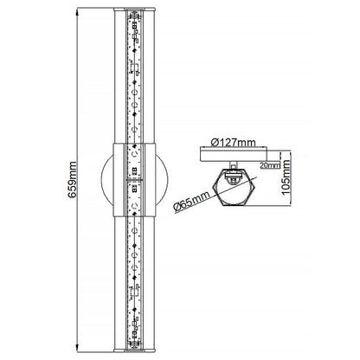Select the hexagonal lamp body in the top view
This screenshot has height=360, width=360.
pyautogui.click(x=235, y=186)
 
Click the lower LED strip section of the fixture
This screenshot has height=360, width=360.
pyautogui.click(x=137, y=277)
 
